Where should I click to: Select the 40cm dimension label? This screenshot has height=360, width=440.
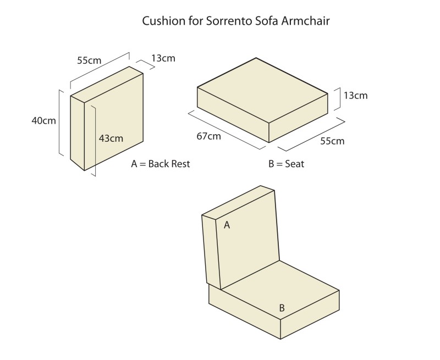tap(43, 120)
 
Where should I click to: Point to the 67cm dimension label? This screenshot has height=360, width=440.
tap(208, 135)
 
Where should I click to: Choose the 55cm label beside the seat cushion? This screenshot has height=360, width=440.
tap(332, 141)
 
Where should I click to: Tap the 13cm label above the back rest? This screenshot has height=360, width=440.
tap(163, 58)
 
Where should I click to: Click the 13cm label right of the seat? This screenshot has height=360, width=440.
tap(355, 96)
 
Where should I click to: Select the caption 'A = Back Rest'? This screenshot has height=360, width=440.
tap(160, 164)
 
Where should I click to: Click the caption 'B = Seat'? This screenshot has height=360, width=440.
tap(286, 164)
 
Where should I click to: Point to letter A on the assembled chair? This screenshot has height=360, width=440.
tap(227, 224)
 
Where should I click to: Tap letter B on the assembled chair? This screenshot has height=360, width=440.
tap(282, 308)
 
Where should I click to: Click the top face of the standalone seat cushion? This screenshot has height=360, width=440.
tap(264, 91)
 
